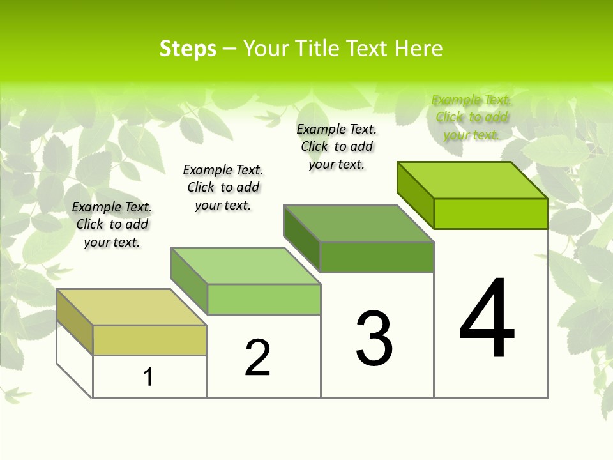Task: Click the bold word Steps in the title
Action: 188,49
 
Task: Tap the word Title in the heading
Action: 318,49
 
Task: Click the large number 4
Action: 487,319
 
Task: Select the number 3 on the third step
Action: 374,339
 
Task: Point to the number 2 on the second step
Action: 258,358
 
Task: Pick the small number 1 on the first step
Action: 148,378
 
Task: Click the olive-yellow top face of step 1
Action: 131,307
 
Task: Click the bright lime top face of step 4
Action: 473,180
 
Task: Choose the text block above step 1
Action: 112,224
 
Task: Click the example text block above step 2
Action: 223,187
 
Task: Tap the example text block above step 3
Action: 337,146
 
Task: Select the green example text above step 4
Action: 472,117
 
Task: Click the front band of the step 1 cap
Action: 149,340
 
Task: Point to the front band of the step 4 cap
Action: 490,213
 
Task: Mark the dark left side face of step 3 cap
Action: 301,239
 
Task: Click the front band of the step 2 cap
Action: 264,299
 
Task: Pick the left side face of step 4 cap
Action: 415,194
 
